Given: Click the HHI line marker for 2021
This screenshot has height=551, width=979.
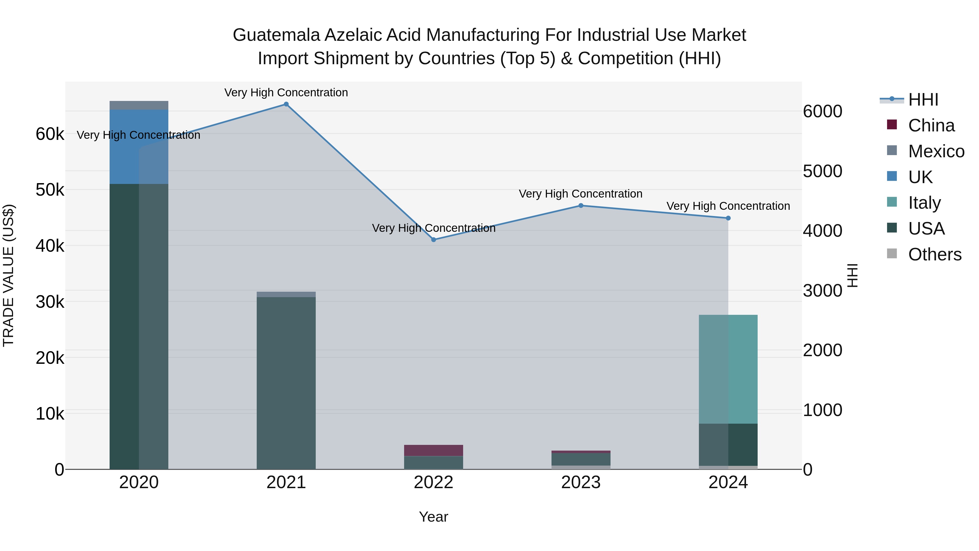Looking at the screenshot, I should [x=286, y=104].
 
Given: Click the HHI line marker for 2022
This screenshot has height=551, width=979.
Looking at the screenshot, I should [x=434, y=239].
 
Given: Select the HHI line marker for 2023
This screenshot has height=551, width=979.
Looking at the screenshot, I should [x=581, y=206].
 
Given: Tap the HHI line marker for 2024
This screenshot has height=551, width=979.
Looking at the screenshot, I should [x=728, y=218].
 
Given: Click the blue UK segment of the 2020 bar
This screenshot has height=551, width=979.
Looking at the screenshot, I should [x=139, y=146].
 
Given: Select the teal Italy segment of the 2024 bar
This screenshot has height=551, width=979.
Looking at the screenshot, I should [x=728, y=369].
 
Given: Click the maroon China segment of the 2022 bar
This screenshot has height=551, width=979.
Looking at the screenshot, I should [x=434, y=450].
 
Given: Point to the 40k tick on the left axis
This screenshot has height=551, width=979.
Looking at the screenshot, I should [x=50, y=246].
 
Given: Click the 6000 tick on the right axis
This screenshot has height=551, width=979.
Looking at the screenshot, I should [x=822, y=111].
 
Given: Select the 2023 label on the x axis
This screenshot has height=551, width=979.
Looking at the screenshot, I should [x=581, y=482].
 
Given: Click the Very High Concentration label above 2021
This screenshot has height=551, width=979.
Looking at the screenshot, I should [x=286, y=93].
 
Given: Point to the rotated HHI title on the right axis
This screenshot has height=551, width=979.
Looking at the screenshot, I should [x=853, y=275].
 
